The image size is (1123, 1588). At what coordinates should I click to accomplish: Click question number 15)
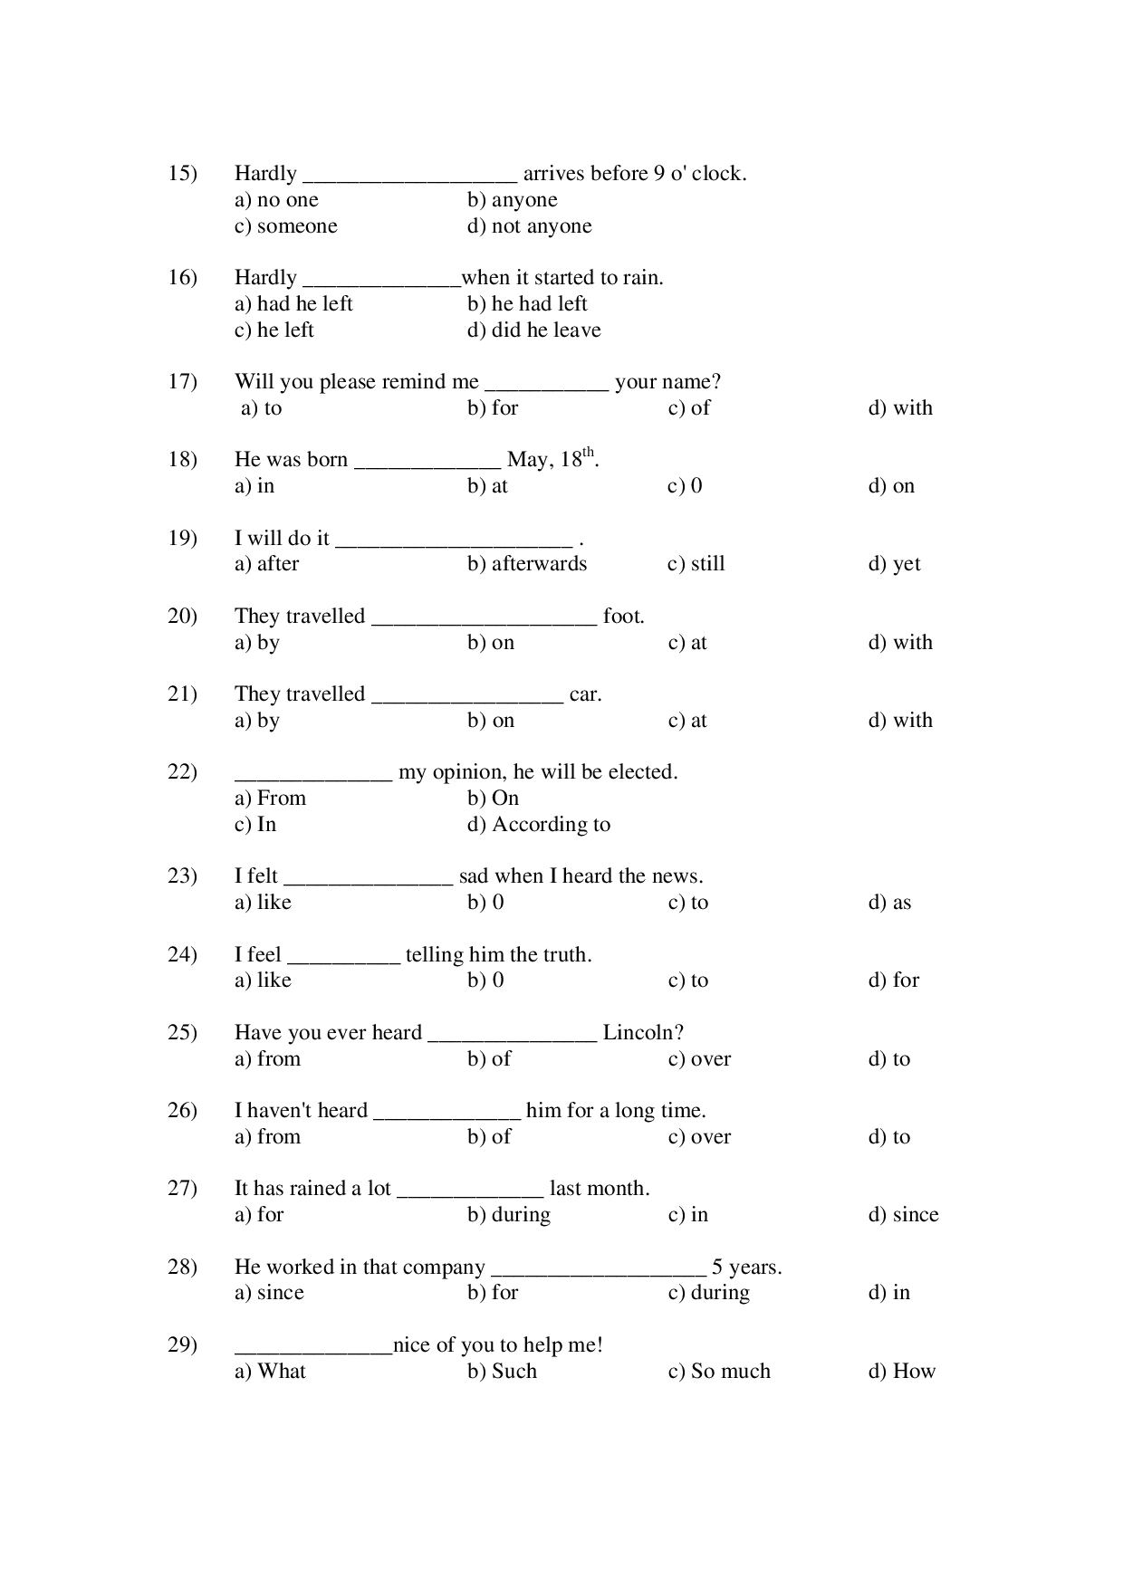coord(183,174)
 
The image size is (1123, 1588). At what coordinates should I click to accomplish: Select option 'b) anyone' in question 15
coord(513,200)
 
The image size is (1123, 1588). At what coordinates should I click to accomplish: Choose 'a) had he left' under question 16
coord(293,303)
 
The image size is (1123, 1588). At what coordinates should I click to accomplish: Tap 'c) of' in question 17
coord(689,407)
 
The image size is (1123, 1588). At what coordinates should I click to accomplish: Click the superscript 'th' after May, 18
coord(589,452)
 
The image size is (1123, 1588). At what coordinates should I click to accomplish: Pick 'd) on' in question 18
coord(892,486)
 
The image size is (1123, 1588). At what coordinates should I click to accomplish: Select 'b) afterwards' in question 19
coord(527,564)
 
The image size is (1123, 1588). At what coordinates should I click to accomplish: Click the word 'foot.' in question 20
coord(624,617)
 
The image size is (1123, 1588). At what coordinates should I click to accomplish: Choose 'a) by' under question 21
coord(257,721)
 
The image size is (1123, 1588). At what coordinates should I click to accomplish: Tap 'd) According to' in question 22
coord(539,825)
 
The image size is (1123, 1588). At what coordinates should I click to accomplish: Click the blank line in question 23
coord(368,885)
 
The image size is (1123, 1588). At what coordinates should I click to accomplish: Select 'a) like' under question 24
coord(263,981)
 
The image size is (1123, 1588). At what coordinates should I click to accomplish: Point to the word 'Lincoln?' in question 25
coord(644,1033)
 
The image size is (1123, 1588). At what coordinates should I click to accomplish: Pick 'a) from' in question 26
coord(267,1137)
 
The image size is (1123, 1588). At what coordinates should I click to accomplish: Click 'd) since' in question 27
coord(904,1215)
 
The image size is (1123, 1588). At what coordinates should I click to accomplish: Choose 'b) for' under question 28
coord(493,1293)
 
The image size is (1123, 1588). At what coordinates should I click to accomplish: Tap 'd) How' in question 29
coord(902,1372)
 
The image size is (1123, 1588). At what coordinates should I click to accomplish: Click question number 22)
coord(183,772)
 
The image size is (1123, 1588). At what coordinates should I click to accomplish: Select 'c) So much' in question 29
coord(720,1372)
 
